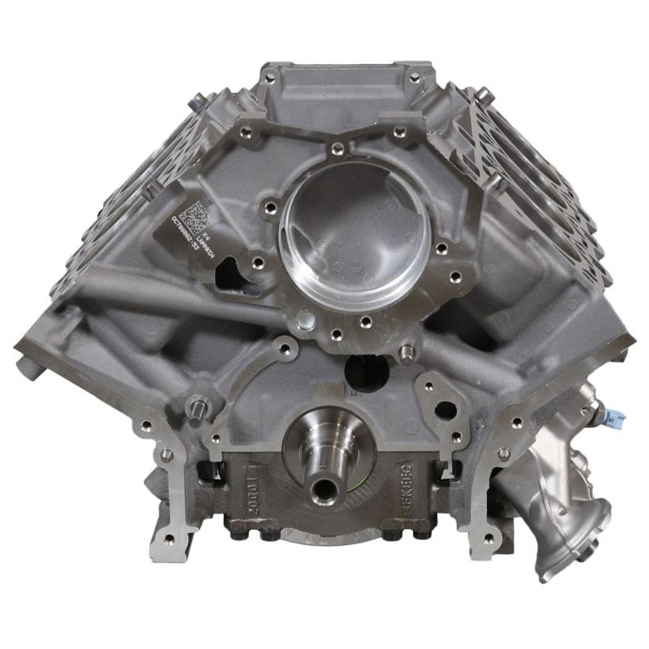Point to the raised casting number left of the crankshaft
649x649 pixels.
click(x=249, y=487)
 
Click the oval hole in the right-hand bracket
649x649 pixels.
click(x=445, y=410)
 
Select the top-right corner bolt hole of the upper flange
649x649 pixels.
click(x=415, y=78)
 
